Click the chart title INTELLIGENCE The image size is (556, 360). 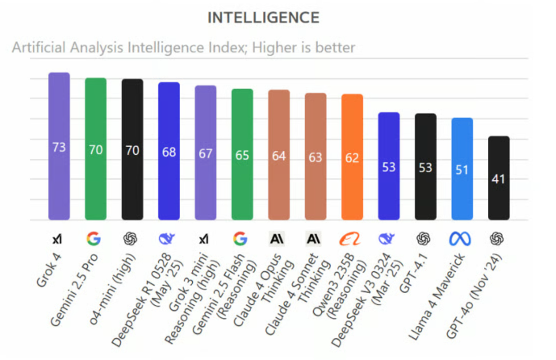[x=263, y=17]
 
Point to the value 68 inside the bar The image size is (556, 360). [x=169, y=153]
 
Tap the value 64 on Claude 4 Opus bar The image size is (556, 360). [x=278, y=156]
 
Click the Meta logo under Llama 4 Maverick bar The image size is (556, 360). [x=462, y=240]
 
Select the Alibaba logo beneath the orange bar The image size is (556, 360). [x=352, y=240]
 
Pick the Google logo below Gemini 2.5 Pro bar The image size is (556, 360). [x=95, y=240]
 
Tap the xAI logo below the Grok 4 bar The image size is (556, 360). [x=59, y=240]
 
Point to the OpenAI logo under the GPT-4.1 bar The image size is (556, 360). [x=425, y=240]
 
